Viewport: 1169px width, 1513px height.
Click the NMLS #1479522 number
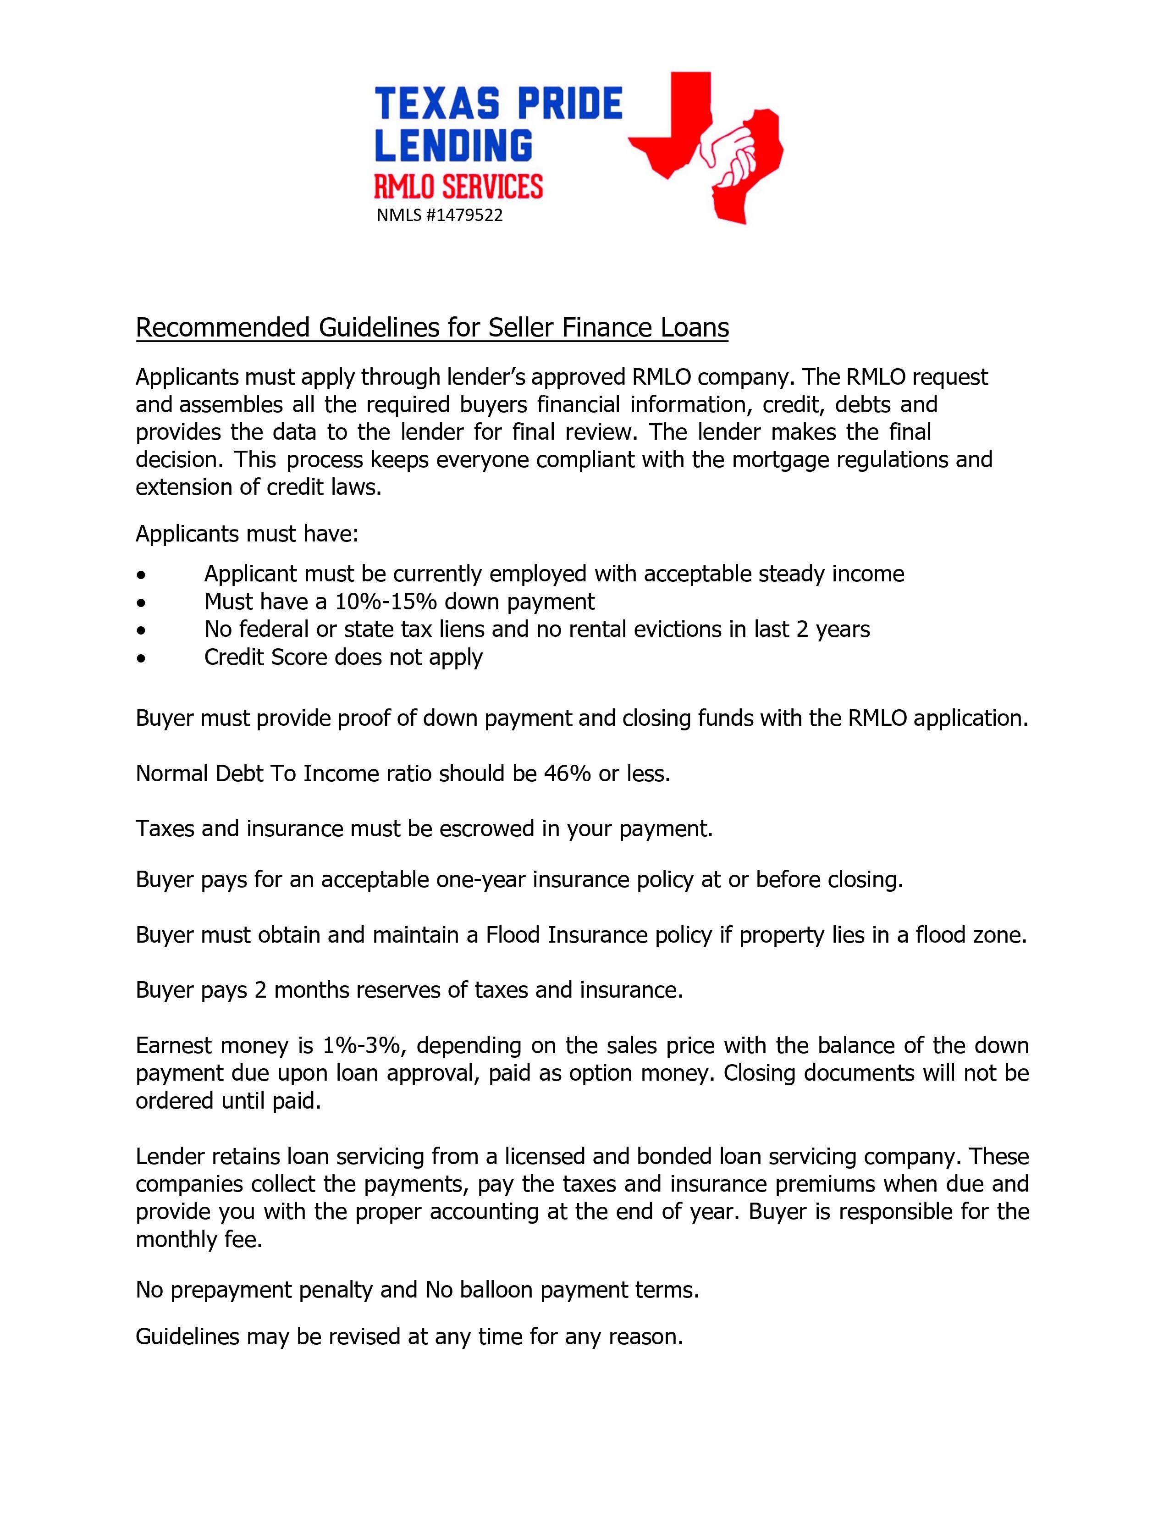[439, 215]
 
